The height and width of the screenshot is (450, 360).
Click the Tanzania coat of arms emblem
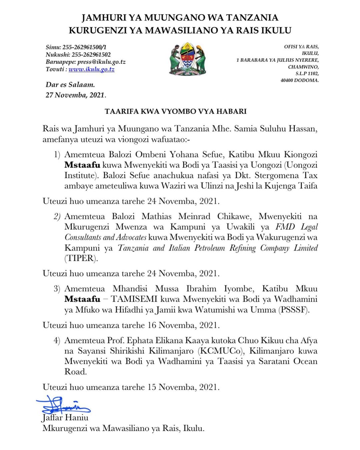pos(187,59)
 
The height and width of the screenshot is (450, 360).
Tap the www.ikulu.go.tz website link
pos(91,69)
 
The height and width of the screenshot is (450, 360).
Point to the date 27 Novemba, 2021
pos(75,95)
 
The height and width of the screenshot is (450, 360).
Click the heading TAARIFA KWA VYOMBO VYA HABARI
pos(176,111)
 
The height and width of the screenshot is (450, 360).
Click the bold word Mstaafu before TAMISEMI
pos(82,299)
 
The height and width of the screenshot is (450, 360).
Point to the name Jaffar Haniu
pos(65,418)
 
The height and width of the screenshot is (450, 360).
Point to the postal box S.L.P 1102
pos(307,73)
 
